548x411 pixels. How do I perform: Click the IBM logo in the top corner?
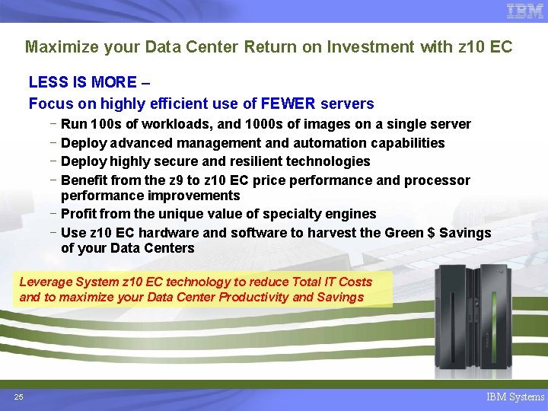(525, 11)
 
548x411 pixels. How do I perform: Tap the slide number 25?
(18, 397)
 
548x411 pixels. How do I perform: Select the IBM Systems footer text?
(515, 397)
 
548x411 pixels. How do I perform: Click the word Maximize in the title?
(58, 47)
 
